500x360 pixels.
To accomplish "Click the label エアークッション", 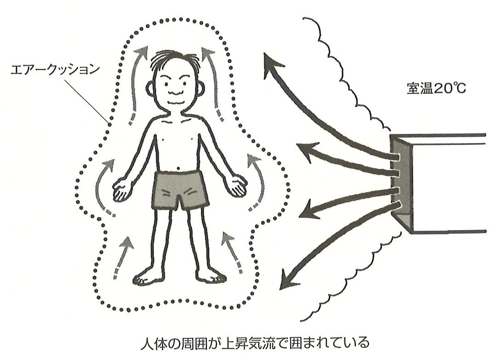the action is coord(55,70).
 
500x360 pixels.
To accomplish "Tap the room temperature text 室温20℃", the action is coord(436,89).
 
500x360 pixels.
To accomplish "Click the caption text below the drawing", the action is coord(255,343).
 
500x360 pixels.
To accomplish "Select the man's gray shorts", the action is coord(180,190).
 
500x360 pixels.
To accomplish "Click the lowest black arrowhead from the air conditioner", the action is coord(289,280).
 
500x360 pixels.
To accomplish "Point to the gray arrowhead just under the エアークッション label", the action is coord(142,52).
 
